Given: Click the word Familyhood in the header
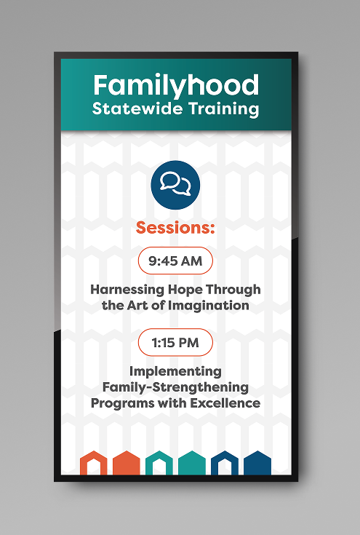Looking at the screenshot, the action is tap(176, 86).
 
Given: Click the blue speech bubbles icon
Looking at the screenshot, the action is tap(175, 185).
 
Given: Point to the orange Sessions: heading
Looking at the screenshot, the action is tap(175, 228).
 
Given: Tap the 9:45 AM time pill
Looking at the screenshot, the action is tap(175, 261).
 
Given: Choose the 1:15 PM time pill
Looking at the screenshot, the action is tap(175, 342).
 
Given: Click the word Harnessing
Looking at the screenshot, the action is tap(127, 290).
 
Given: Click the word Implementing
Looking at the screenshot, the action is tap(175, 371).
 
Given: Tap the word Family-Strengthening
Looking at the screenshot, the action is tap(175, 387).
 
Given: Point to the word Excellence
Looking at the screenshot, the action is tap(225, 403).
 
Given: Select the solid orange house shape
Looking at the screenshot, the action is tap(127, 463).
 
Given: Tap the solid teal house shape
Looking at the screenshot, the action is tap(192, 463).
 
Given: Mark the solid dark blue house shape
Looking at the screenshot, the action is tap(257, 463).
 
